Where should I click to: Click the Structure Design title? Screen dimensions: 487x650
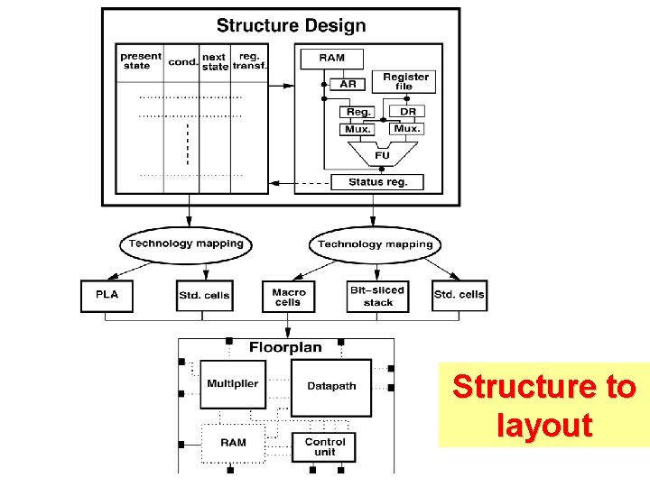(x=291, y=25)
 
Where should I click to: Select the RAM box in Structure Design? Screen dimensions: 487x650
(x=331, y=59)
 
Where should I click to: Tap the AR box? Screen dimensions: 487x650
(x=348, y=84)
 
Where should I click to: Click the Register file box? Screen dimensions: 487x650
(x=405, y=81)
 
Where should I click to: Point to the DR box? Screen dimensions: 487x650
(x=407, y=112)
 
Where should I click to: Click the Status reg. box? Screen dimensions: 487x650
(x=378, y=182)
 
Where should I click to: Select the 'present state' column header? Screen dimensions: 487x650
(x=141, y=60)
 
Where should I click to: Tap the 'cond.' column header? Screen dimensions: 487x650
(x=182, y=61)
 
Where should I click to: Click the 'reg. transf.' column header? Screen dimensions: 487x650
(x=248, y=60)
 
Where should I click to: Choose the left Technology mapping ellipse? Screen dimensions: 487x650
(x=186, y=243)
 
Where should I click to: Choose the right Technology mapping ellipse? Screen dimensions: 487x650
(x=375, y=244)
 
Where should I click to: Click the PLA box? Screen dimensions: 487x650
(x=107, y=295)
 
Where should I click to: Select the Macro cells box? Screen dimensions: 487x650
(x=289, y=297)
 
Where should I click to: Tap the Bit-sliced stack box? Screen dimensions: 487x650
(x=377, y=297)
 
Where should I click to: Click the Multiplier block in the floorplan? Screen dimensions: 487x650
(x=232, y=384)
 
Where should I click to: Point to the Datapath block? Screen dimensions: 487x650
(x=331, y=387)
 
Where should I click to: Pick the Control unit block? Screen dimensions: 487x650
(x=325, y=446)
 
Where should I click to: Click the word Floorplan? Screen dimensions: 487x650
(x=285, y=347)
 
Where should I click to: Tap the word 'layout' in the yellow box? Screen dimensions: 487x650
(x=544, y=425)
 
